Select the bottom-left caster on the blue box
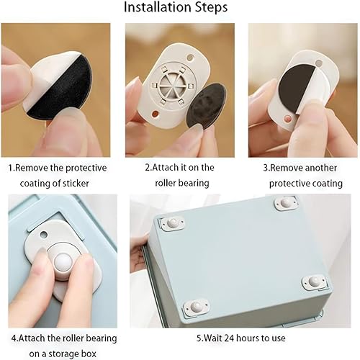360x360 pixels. click(196, 308)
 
